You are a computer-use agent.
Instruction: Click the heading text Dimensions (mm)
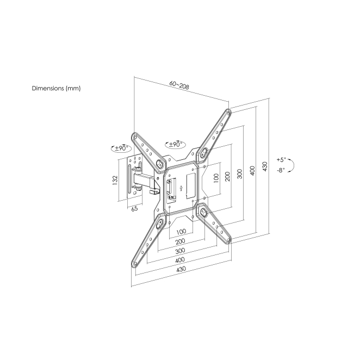pos(56,89)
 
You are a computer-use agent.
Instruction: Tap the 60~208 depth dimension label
pos(179,85)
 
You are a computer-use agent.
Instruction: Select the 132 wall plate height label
pos(115,179)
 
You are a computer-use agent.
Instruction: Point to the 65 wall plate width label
pos(134,209)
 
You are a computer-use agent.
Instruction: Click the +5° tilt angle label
pos(281,159)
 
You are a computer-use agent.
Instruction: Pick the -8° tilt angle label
pos(281,170)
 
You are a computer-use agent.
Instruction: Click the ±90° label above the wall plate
pos(121,148)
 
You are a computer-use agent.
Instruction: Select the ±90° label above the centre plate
pos(176,145)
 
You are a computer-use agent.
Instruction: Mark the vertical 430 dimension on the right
pos(265,167)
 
